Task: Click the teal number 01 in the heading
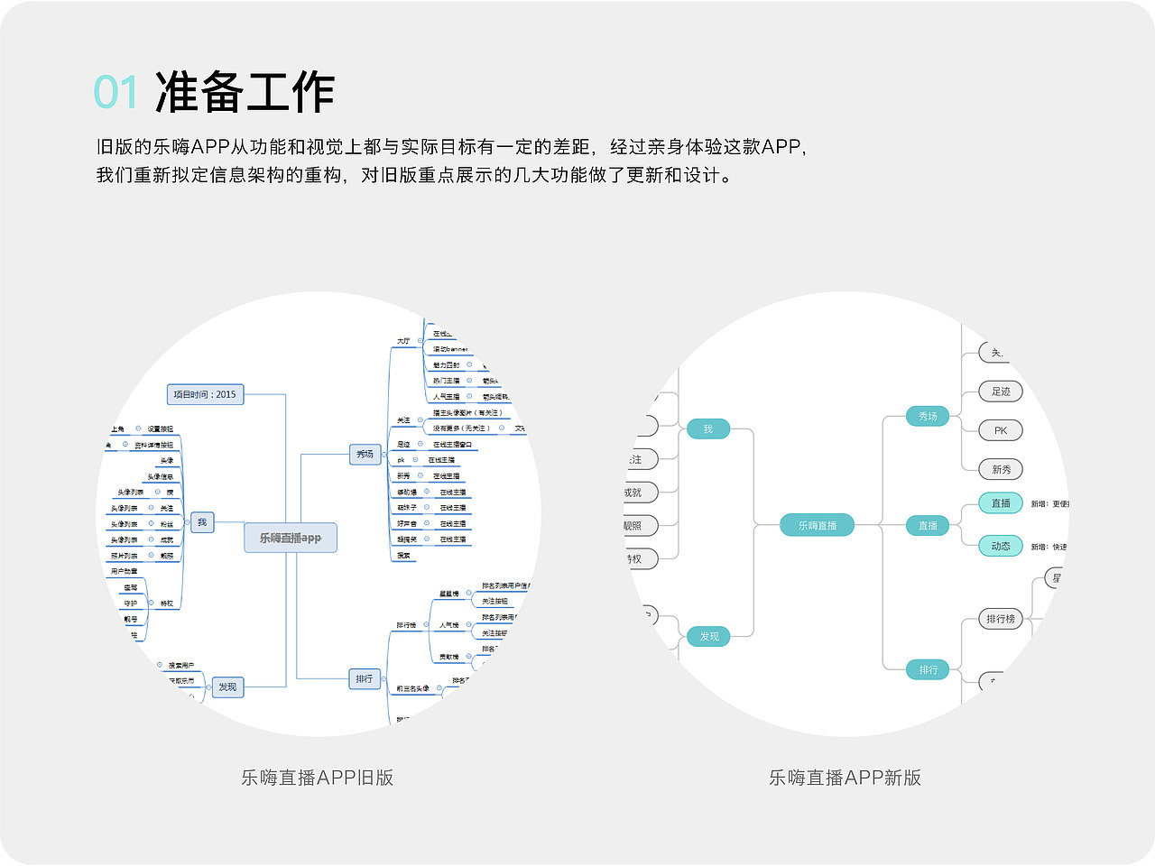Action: (x=116, y=93)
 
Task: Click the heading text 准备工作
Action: (x=245, y=92)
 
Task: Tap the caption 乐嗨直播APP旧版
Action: (x=317, y=778)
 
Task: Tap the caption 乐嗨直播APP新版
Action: (x=845, y=778)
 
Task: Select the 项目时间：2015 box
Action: (x=205, y=394)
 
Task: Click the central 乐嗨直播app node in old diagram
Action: (x=291, y=538)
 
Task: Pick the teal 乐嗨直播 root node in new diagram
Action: (x=817, y=525)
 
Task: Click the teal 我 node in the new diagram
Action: (x=707, y=429)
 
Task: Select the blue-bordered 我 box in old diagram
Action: (x=202, y=522)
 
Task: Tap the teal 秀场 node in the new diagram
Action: (x=928, y=416)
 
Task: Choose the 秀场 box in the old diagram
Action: (x=365, y=454)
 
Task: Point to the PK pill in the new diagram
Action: (x=1001, y=430)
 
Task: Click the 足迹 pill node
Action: (x=1001, y=392)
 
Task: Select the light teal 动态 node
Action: (x=1001, y=546)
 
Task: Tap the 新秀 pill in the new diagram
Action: (x=1001, y=469)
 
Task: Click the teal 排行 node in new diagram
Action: (x=928, y=669)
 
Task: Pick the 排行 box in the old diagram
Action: (x=364, y=678)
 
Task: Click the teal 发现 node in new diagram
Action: (x=709, y=637)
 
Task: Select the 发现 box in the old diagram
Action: (x=227, y=686)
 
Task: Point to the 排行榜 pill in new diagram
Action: (x=1001, y=619)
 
